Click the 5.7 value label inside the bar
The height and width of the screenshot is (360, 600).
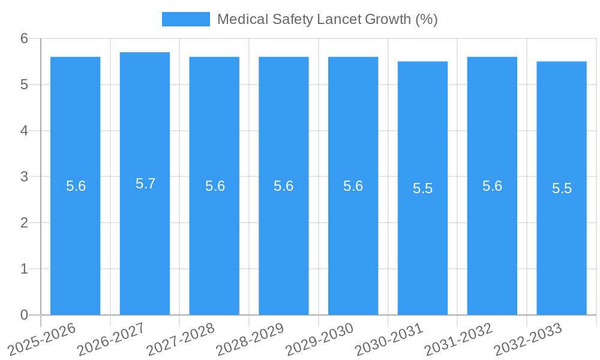(x=145, y=184)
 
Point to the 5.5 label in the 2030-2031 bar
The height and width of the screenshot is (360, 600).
(x=422, y=188)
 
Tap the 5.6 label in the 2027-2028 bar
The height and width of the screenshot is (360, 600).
(x=215, y=186)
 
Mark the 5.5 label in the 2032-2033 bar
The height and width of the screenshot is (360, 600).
(x=562, y=188)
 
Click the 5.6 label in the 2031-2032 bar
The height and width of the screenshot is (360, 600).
(x=492, y=186)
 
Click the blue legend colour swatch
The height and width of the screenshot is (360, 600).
(x=186, y=19)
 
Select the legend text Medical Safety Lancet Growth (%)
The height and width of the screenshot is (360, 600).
(x=327, y=19)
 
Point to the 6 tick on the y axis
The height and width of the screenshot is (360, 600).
(x=25, y=38)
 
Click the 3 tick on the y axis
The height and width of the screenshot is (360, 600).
(x=25, y=176)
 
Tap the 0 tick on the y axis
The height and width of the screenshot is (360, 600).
(x=25, y=314)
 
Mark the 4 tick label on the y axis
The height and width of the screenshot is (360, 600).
(x=25, y=130)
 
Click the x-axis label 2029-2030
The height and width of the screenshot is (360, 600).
(x=320, y=339)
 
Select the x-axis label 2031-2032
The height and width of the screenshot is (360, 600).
(x=459, y=339)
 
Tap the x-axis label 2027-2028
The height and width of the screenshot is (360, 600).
(x=181, y=339)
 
